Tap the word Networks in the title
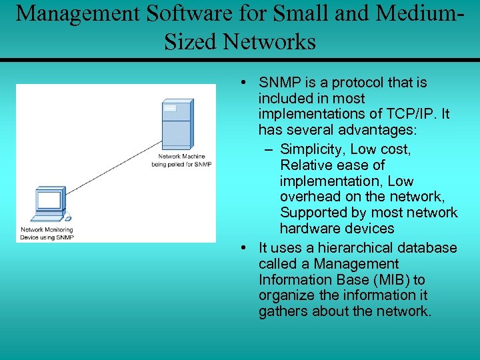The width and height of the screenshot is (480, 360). (269, 41)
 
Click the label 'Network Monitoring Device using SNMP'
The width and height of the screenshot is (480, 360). (47, 233)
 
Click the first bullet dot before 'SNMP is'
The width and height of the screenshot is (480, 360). (245, 83)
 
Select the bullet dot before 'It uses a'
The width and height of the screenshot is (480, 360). (245, 248)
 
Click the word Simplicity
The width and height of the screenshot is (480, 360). (313, 149)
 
